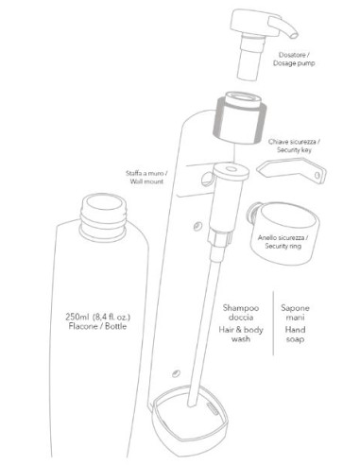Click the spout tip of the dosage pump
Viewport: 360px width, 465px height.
pyautogui.click(x=294, y=35)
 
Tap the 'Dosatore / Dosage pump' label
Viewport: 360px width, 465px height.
pyautogui.click(x=294, y=59)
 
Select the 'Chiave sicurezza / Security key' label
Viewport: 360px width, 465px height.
pyautogui.click(x=294, y=146)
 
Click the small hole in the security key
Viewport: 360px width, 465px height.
pyautogui.click(x=317, y=175)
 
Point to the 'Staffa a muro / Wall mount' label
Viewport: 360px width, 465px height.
pyautogui.click(x=146, y=177)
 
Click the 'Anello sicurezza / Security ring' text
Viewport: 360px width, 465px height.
pyautogui.click(x=283, y=242)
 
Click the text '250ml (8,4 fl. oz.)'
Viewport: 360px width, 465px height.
pyautogui.click(x=98, y=316)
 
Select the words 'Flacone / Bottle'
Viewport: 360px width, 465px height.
pyautogui.click(x=97, y=326)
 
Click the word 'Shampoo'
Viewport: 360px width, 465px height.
pyautogui.click(x=241, y=307)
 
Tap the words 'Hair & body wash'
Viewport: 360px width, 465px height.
pyautogui.click(x=241, y=335)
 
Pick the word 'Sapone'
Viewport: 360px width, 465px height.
pyautogui.click(x=295, y=307)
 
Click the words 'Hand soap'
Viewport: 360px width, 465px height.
pyautogui.click(x=295, y=335)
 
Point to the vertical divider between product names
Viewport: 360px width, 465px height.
pyautogui.click(x=273, y=323)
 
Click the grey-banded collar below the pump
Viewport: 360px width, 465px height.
pyautogui.click(x=241, y=118)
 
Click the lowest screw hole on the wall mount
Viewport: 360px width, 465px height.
pyautogui.click(x=176, y=373)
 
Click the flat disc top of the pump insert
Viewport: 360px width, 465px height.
pyautogui.click(x=231, y=170)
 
